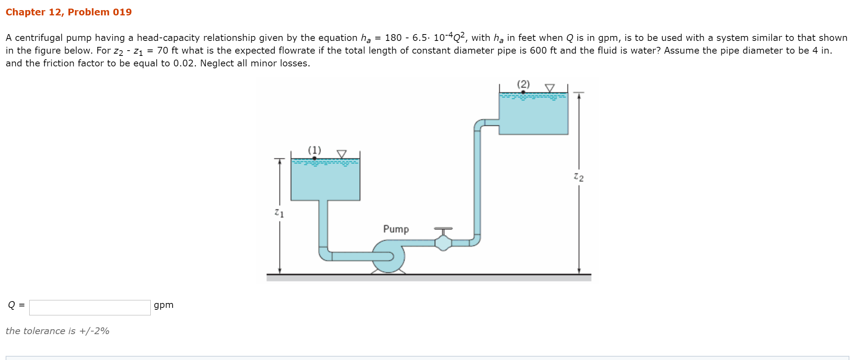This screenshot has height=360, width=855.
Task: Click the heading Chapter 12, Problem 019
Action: pyautogui.click(x=69, y=12)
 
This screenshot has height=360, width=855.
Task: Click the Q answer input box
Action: pyautogui.click(x=90, y=307)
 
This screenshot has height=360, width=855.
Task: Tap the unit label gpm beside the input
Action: pyautogui.click(x=163, y=305)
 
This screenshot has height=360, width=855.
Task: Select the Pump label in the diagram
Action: pyautogui.click(x=396, y=229)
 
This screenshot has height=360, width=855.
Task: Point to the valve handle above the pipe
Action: pyautogui.click(x=443, y=228)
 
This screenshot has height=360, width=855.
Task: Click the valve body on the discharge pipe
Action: pyautogui.click(x=443, y=243)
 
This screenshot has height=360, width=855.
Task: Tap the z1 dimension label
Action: pyautogui.click(x=279, y=213)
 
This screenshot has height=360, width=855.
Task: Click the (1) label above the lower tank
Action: pyautogui.click(x=315, y=150)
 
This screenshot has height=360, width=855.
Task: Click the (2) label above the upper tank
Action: pyautogui.click(x=523, y=84)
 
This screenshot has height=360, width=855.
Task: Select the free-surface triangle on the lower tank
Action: pyautogui.click(x=342, y=154)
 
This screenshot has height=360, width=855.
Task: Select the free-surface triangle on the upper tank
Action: pyautogui.click(x=550, y=88)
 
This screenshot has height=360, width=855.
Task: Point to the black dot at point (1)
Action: pyautogui.click(x=315, y=158)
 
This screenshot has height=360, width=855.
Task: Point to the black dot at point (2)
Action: pyautogui.click(x=523, y=92)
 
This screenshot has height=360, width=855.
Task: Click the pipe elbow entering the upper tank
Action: pyautogui.click(x=478, y=125)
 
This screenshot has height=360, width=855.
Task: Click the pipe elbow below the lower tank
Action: pyautogui.click(x=324, y=254)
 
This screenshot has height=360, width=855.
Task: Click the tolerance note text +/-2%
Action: pyautogui.click(x=57, y=331)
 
